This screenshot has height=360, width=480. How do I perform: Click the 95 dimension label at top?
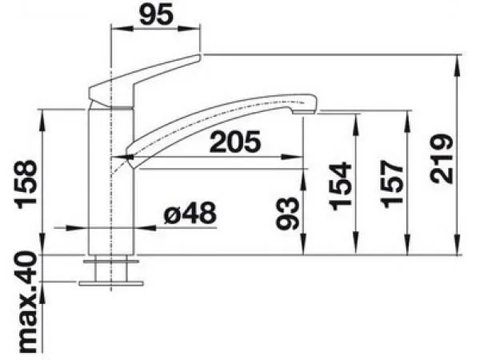click(157, 14)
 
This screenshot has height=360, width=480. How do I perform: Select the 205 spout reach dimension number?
click(235, 142)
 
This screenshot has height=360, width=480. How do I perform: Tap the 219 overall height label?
click(442, 159)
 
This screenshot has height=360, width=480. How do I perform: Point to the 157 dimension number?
click(391, 184)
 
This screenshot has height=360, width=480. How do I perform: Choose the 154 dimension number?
click(340, 186)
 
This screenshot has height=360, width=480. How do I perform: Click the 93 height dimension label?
click(287, 213)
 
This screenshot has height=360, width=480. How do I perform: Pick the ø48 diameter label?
click(190, 213)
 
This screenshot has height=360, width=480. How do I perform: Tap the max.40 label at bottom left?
click(27, 302)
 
